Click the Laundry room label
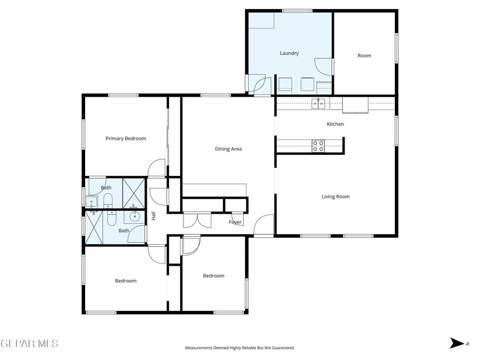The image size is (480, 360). coord(289,53)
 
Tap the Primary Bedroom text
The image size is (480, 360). coord(126,138)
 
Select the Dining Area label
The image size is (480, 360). coord(228,149)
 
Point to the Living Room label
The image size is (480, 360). coord(335,197)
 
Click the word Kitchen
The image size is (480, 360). coord(335,124)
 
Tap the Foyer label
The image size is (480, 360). coord(235,222)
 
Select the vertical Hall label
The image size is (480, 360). coord(153,217)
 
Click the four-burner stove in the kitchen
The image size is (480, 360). coord(318,146)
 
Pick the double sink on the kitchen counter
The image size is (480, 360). coord(318,103)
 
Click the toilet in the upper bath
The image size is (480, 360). coord(107,199)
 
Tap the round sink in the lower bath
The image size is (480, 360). coord(135,217)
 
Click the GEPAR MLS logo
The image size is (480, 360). coord(29,343)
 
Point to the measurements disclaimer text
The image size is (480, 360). coord(240,347)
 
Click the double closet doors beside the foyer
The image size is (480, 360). coord(192,220)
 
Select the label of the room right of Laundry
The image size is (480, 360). coord(364,55)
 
